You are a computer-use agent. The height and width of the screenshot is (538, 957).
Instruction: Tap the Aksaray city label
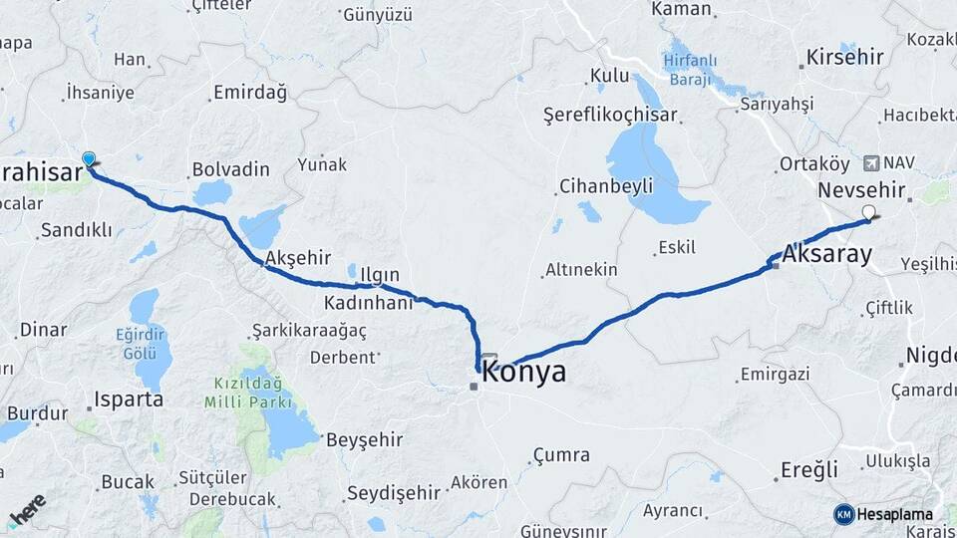point(827,254)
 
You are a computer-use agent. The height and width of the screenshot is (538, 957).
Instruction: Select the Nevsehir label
point(860,189)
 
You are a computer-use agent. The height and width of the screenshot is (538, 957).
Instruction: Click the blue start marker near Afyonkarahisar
point(89,159)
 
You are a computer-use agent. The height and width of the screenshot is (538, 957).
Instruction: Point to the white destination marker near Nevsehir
point(869,212)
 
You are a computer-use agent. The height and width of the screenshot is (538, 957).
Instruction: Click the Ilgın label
point(380,275)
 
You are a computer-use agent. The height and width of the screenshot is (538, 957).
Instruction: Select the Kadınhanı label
point(368,302)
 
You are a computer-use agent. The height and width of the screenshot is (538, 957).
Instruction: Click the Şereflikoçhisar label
point(610,115)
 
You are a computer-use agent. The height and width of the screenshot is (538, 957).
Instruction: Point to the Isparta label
point(128,401)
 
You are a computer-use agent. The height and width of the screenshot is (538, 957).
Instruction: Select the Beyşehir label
point(365,439)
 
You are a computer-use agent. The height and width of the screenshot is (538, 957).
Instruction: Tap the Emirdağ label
point(249,94)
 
